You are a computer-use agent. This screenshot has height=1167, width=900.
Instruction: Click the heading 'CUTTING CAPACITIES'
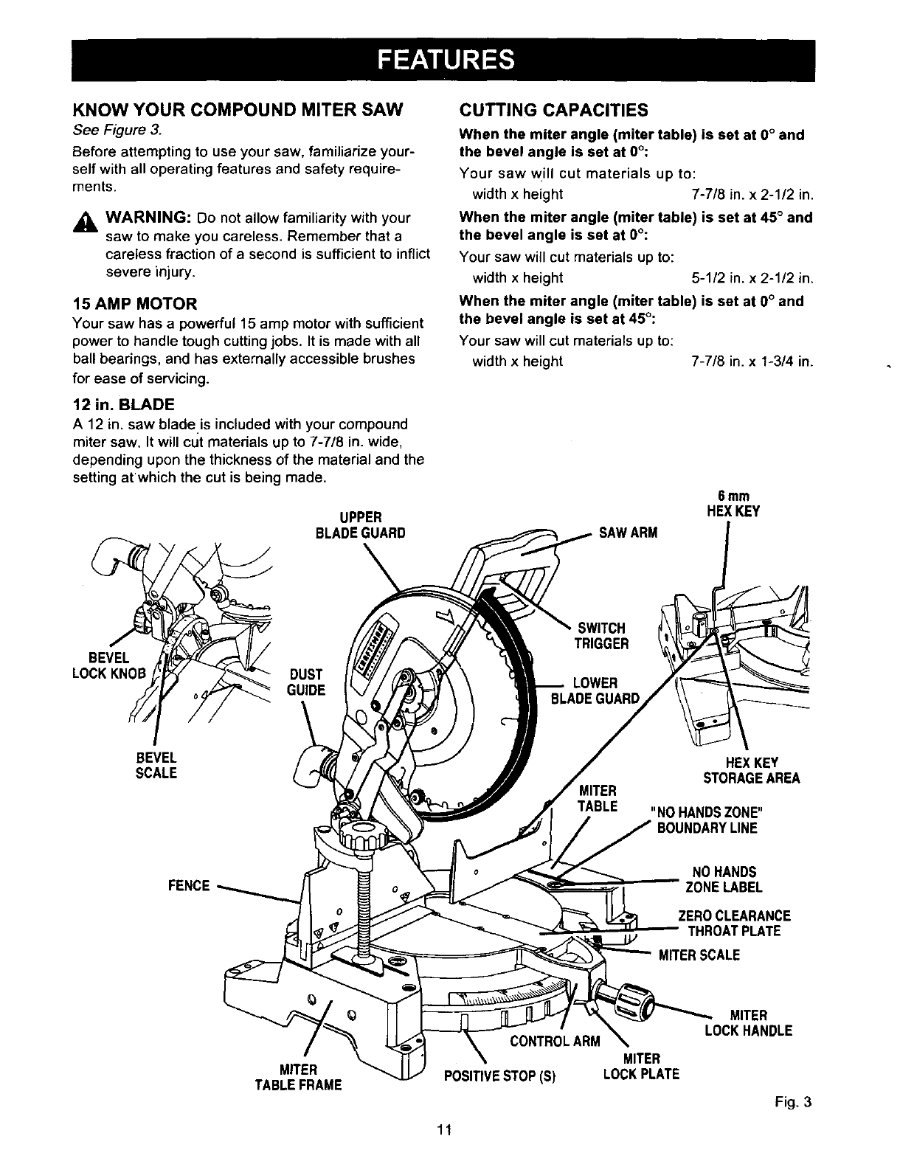553,110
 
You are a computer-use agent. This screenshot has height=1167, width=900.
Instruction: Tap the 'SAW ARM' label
627,533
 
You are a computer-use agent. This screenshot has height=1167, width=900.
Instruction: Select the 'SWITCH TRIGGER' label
601,635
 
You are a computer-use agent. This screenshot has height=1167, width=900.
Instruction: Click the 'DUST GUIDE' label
305,682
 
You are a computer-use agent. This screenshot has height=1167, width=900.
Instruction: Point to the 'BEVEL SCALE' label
156,765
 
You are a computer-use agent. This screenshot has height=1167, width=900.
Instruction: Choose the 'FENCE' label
190,884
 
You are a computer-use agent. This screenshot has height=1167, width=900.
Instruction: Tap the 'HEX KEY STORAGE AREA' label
751,770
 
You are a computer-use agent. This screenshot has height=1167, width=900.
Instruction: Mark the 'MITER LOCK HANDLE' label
748,1022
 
